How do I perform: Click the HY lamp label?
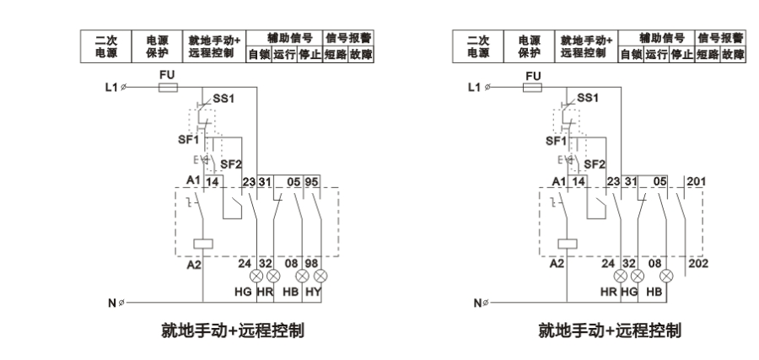click(314, 292)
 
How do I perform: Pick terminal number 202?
click(699, 262)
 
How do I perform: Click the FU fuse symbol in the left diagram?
click(168, 87)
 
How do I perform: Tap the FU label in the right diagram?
click(532, 76)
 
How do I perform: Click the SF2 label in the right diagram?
click(594, 164)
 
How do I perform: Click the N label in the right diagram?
click(476, 302)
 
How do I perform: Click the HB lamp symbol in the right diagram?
click(666, 276)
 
